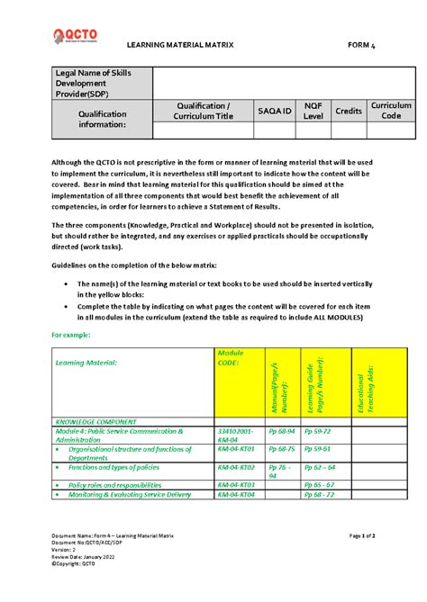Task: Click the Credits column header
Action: pyautogui.click(x=349, y=110)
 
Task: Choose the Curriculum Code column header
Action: pyautogui.click(x=391, y=110)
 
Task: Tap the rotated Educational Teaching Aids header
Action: pyautogui.click(x=369, y=383)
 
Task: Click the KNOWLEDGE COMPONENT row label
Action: pyautogui.click(x=96, y=421)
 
